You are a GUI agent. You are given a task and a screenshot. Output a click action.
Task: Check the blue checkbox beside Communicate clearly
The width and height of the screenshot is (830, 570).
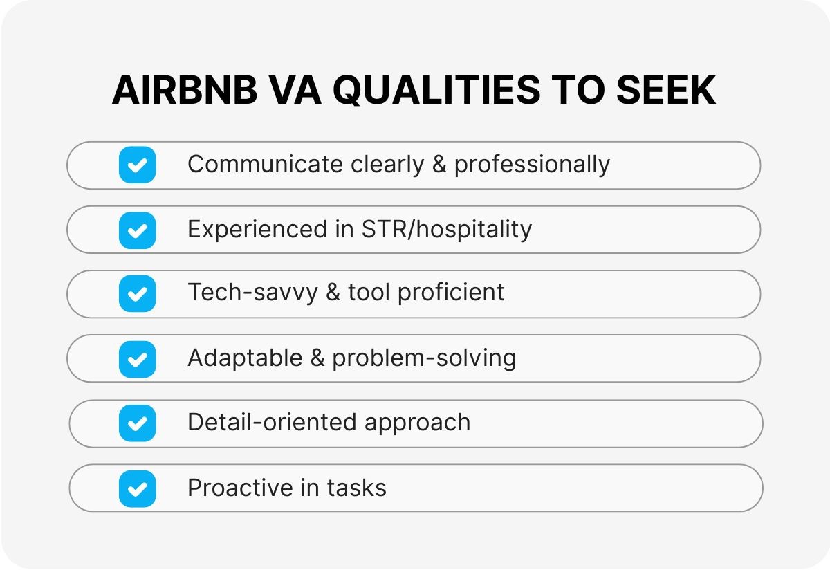[137, 165]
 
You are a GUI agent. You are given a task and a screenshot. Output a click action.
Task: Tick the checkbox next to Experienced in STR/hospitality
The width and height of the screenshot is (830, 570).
[137, 230]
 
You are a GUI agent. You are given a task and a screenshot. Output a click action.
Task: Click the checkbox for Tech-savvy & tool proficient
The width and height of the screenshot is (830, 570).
[137, 294]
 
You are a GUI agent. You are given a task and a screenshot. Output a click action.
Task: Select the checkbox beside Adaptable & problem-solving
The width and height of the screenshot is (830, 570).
[137, 358]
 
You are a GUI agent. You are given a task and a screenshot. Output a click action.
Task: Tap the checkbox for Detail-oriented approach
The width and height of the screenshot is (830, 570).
[137, 423]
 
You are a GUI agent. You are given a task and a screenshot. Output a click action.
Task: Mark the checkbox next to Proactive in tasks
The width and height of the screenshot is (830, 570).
[137, 488]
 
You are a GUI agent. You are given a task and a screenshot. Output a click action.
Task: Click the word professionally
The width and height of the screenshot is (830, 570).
[532, 165]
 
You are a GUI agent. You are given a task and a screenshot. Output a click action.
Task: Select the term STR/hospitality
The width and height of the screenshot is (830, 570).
[447, 230]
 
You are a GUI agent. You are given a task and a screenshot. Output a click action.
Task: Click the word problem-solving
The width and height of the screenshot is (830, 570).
[424, 358]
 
